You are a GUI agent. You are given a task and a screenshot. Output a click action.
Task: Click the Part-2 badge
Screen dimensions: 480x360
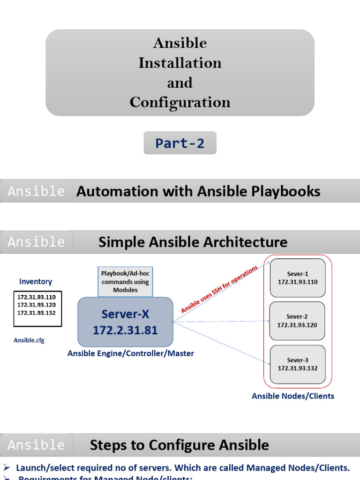tap(180, 143)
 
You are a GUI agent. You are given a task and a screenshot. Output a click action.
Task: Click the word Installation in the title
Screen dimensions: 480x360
tap(180, 63)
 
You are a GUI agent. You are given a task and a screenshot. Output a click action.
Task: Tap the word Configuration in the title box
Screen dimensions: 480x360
tap(180, 102)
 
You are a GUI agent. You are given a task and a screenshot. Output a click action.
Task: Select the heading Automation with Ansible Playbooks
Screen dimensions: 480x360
tap(198, 191)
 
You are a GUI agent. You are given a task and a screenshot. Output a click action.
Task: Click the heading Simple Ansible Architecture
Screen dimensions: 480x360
tap(193, 242)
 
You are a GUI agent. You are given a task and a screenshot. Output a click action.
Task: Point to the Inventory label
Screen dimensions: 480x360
tap(36, 282)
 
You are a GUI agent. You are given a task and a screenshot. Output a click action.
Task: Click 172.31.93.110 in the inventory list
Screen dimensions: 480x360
tap(36, 297)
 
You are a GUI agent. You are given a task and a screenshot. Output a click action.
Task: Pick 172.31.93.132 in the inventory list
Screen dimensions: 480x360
tap(36, 312)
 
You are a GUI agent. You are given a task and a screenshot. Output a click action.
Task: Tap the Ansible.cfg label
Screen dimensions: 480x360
tap(29, 340)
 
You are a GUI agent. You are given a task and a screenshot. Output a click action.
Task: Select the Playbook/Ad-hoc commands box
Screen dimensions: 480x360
tap(125, 282)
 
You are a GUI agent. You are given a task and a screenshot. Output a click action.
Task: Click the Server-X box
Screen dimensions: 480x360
tap(125, 322)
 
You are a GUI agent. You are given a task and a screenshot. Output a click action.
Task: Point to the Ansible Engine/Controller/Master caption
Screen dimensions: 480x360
tap(131, 353)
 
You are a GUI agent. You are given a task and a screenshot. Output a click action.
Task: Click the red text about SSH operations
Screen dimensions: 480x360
tap(219, 289)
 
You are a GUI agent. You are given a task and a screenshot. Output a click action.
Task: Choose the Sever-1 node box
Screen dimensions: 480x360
tap(297, 278)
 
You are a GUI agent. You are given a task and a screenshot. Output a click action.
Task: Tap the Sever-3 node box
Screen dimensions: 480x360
tap(297, 364)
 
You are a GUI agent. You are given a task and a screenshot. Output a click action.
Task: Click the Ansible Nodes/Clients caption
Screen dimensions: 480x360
tap(293, 396)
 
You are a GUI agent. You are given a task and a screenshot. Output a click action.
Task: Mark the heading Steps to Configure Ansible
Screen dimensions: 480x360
tap(180, 445)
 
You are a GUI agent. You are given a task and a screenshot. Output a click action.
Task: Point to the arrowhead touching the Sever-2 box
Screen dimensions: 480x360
tap(268, 321)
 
